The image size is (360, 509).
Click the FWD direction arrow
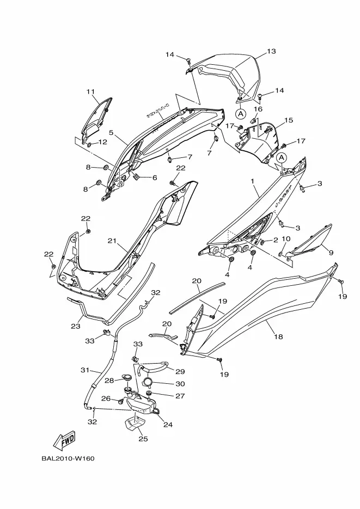[64, 440]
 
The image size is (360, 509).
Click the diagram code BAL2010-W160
[68, 459]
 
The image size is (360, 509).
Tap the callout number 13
[271, 51]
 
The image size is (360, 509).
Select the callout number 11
[90, 91]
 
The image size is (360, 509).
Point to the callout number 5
[111, 132]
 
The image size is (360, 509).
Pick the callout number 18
[278, 336]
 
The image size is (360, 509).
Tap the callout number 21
[112, 241]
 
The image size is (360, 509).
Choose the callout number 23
[76, 326]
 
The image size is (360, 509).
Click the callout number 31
[85, 370]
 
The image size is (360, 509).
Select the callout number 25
[143, 439]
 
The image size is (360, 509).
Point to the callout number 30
[180, 384]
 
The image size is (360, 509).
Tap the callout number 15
[289, 120]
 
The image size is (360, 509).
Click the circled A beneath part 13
[241, 114]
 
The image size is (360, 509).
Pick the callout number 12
[102, 142]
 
